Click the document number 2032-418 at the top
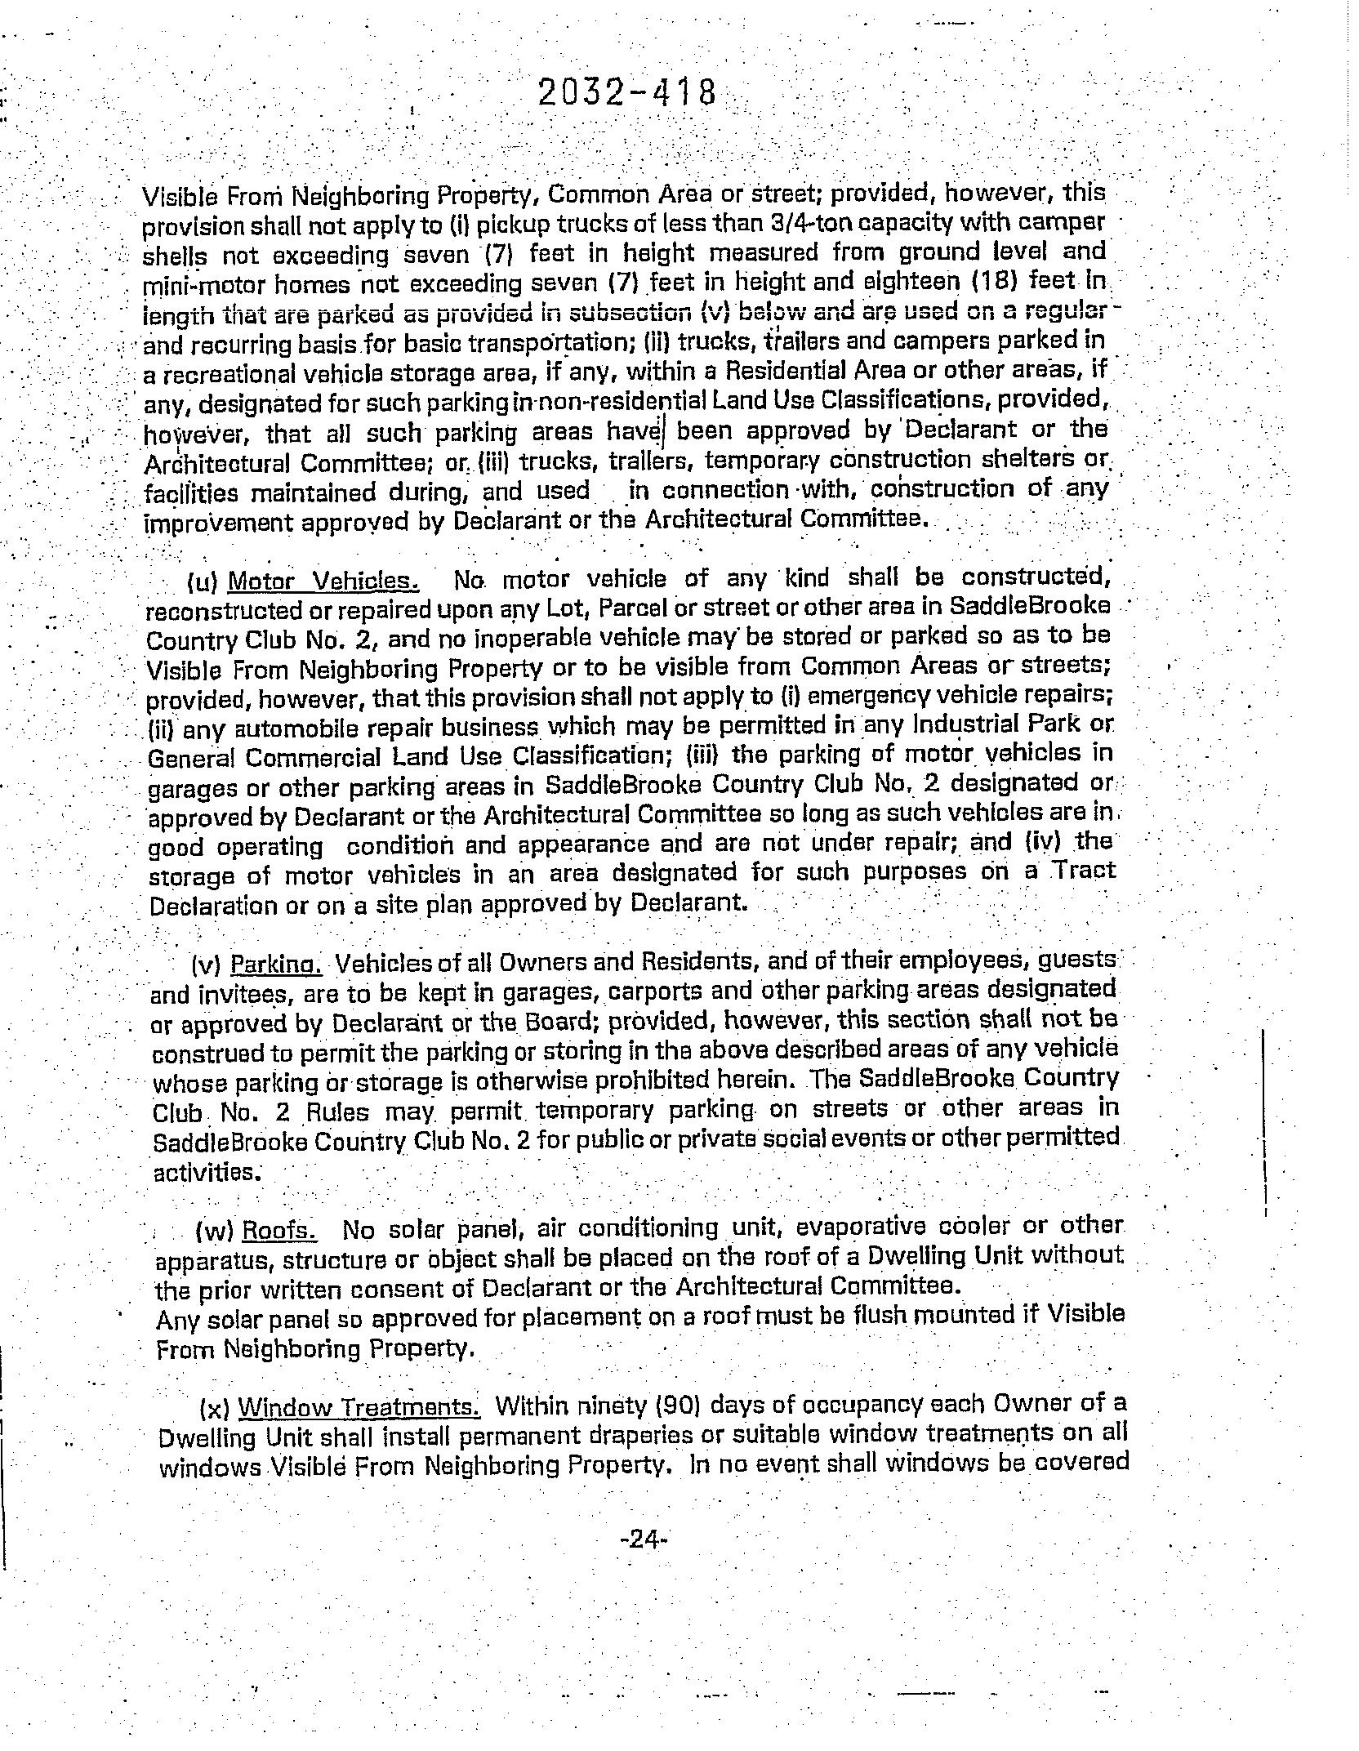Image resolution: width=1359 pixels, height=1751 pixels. tap(627, 93)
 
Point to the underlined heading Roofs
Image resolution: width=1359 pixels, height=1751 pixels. tap(280, 1230)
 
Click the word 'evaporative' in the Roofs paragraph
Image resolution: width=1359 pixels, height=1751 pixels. tap(860, 1227)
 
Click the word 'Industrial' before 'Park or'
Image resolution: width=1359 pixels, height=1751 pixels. tap(970, 724)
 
